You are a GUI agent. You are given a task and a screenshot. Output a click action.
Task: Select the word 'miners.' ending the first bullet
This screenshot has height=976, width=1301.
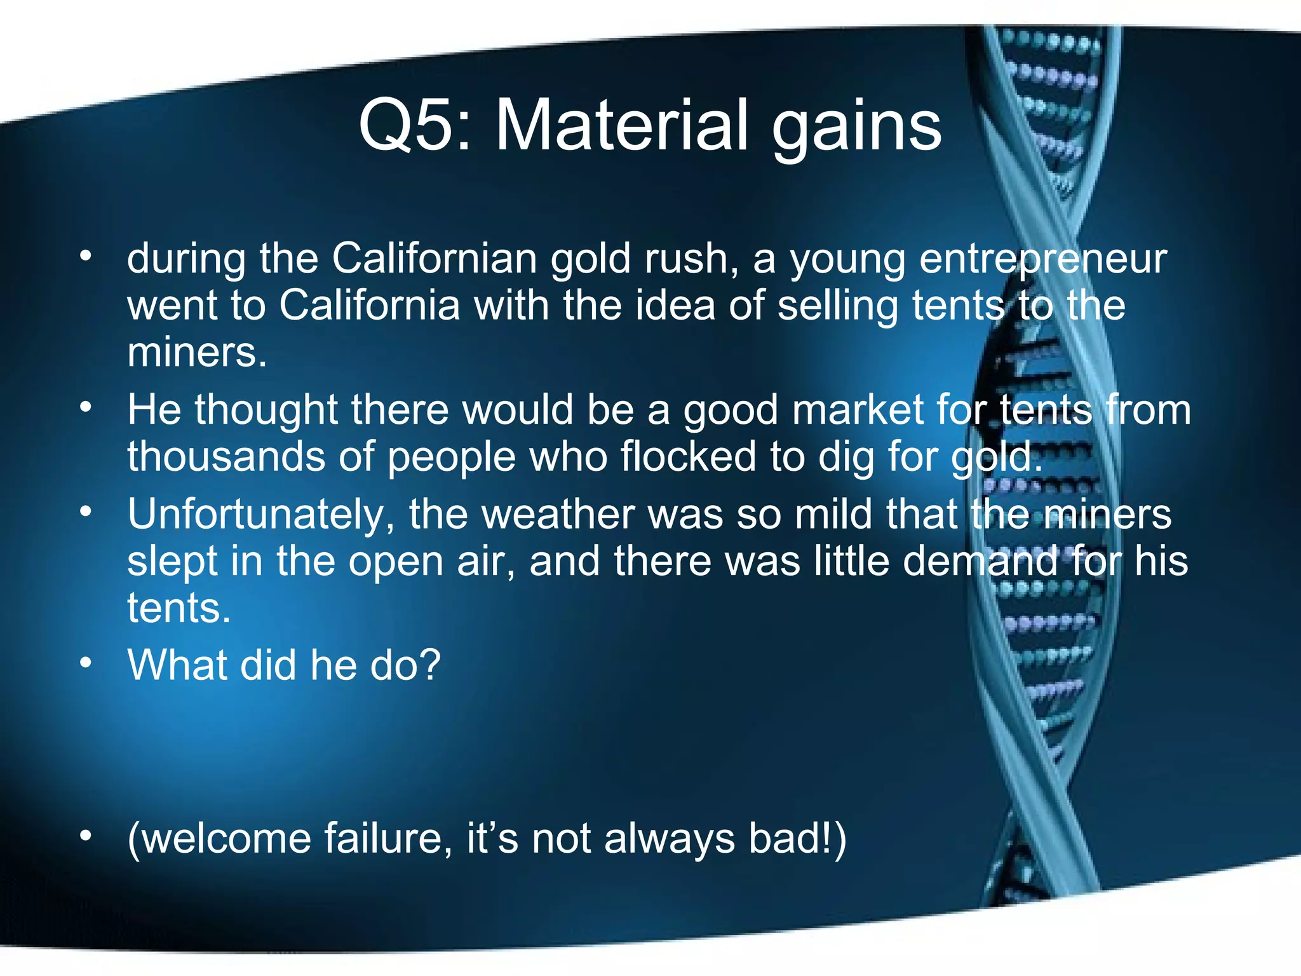197,353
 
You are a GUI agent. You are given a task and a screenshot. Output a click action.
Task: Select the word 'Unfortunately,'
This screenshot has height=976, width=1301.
261,515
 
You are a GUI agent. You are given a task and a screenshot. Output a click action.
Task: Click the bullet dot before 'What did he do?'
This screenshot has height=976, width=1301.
86,663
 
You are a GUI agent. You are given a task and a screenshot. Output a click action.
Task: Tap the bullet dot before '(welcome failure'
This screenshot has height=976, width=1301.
86,836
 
